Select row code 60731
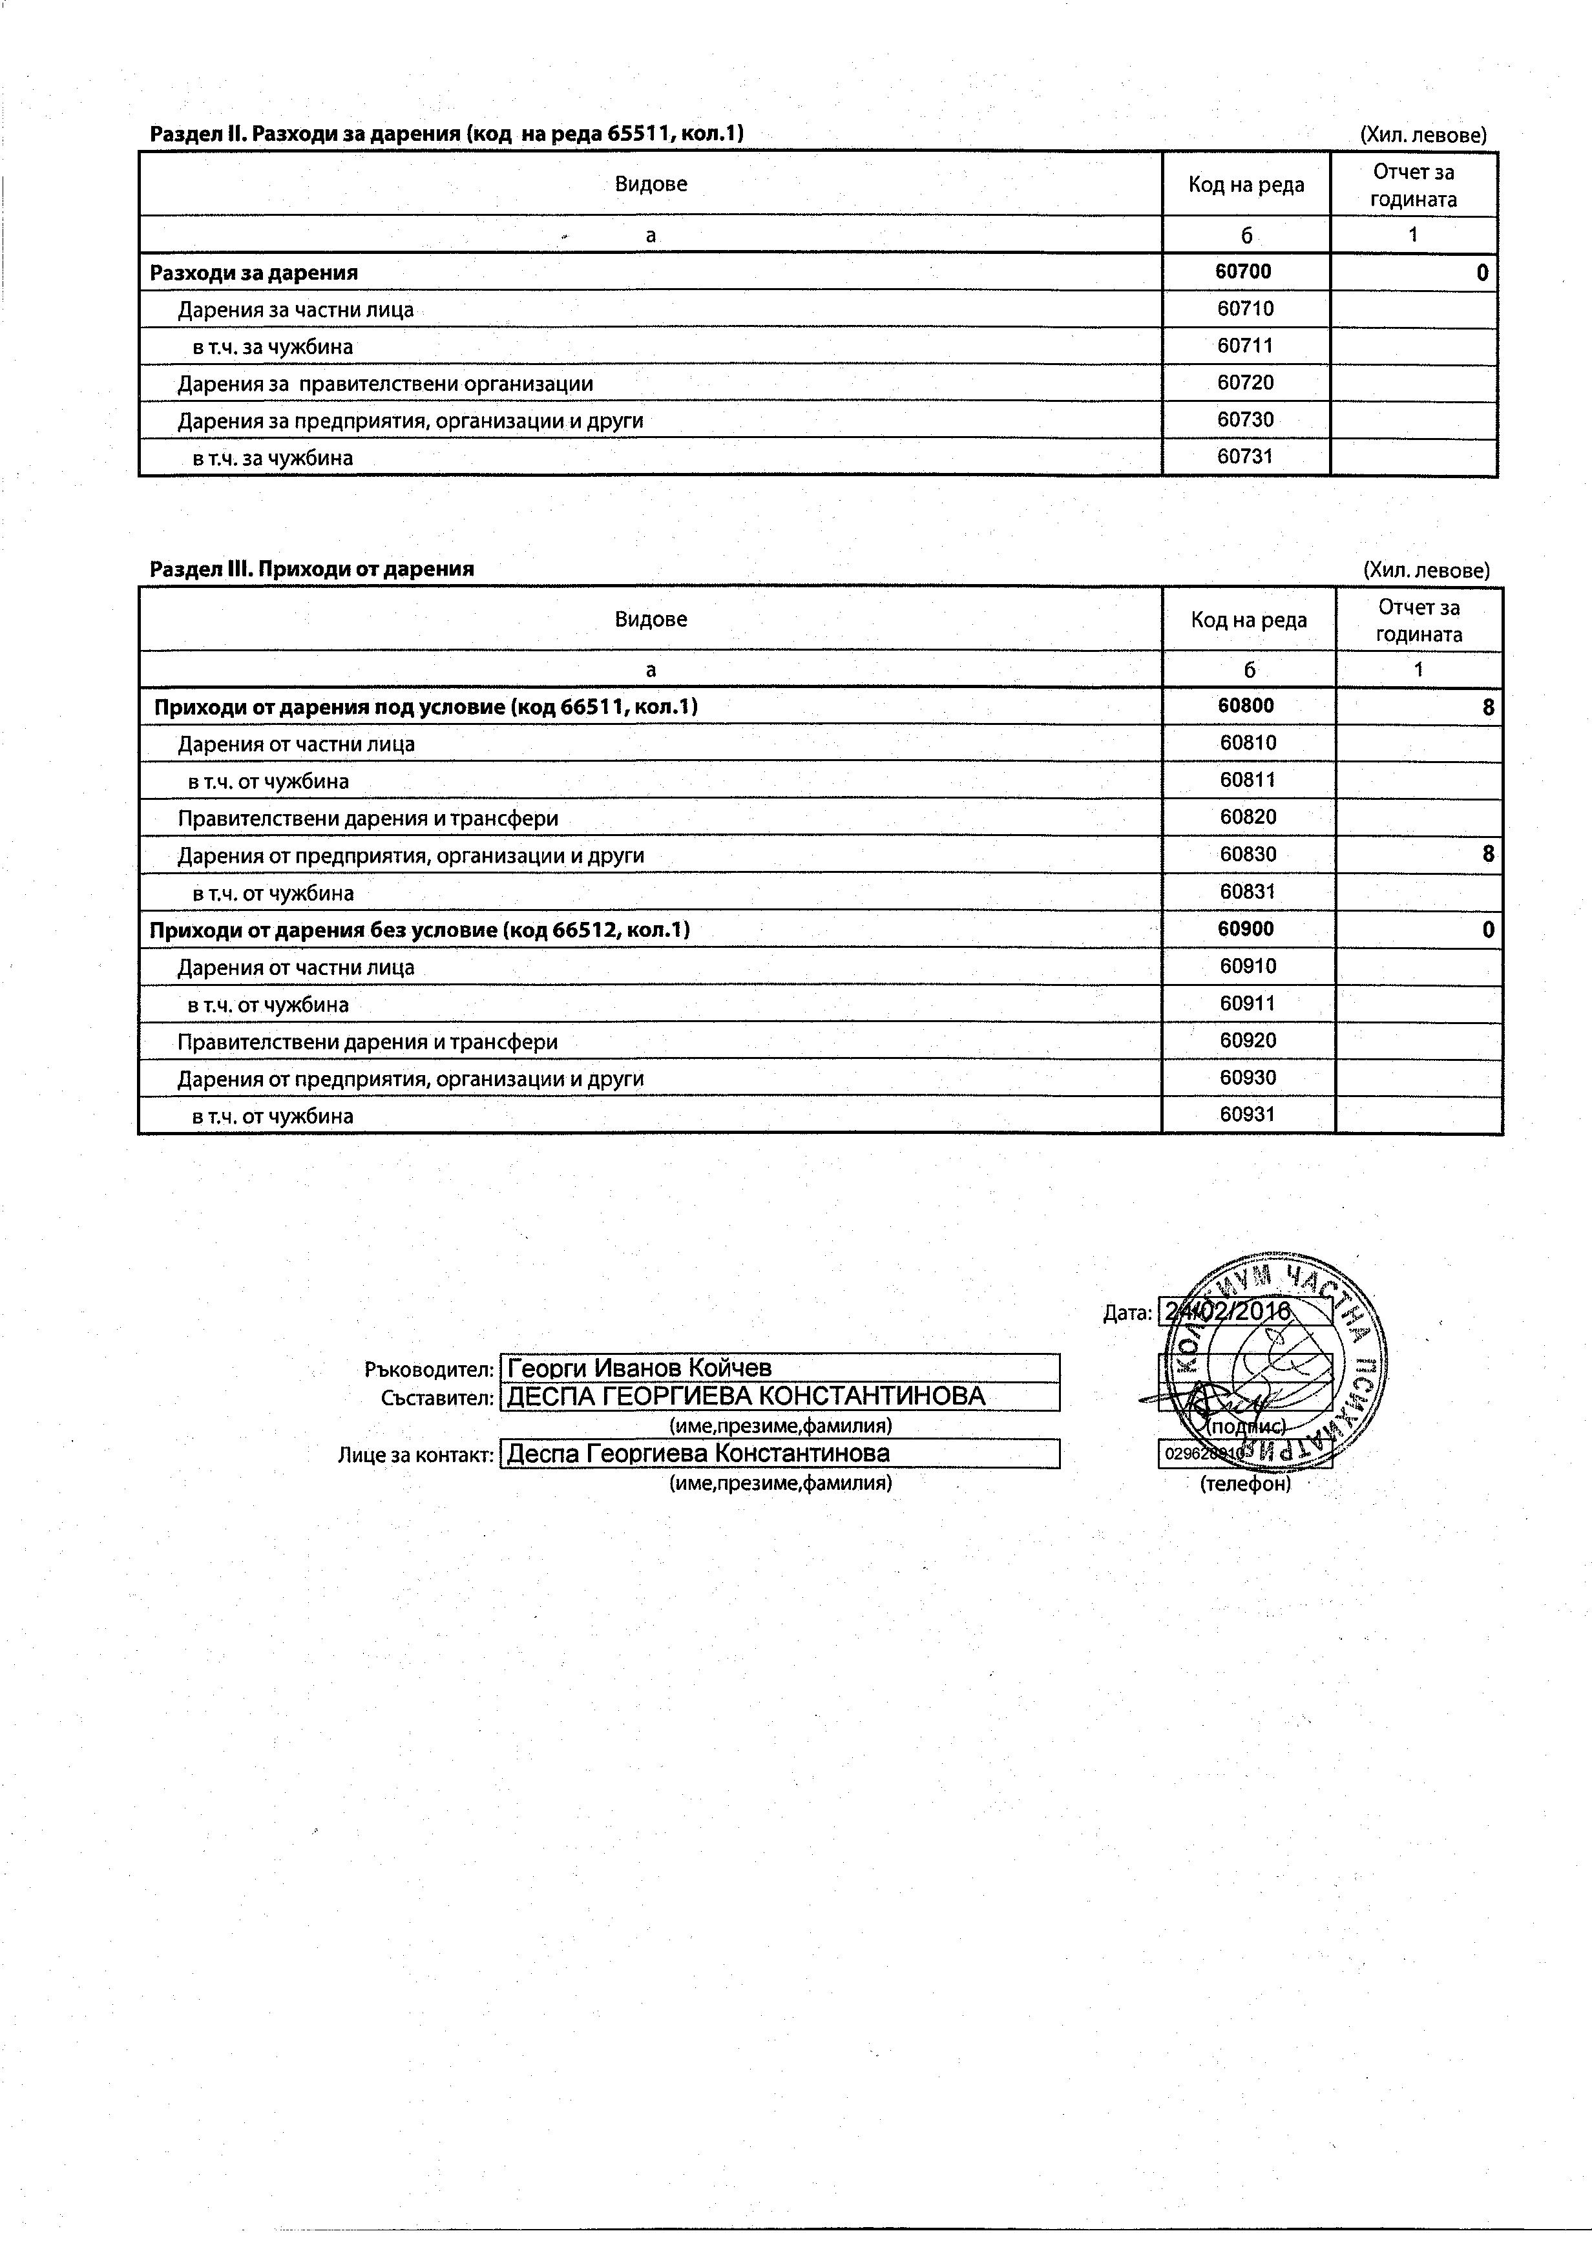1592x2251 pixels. tap(1245, 457)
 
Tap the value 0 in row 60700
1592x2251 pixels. tap(1482, 273)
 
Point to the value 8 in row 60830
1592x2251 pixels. tap(1488, 855)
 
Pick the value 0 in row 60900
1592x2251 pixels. tap(1488, 930)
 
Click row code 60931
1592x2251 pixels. tap(1247, 1115)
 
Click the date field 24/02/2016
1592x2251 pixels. tap(1243, 1312)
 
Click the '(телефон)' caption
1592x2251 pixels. tap(1245, 1484)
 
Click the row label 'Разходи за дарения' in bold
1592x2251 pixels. tap(253, 273)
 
